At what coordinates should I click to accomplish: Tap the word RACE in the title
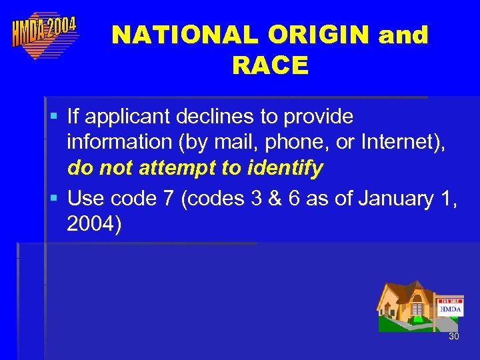[270, 65]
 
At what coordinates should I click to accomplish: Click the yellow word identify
[285, 168]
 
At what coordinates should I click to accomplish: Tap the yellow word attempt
[178, 168]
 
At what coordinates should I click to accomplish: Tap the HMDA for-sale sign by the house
[450, 308]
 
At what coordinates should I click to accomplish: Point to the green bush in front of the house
[417, 319]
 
